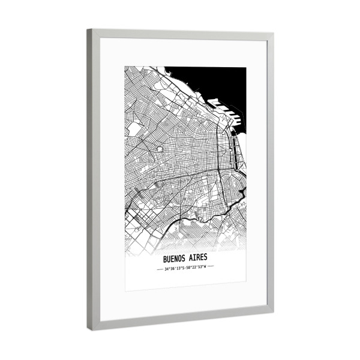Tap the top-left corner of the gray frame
88,30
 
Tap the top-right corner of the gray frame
273,34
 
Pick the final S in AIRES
206,258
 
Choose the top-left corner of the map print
125,67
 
